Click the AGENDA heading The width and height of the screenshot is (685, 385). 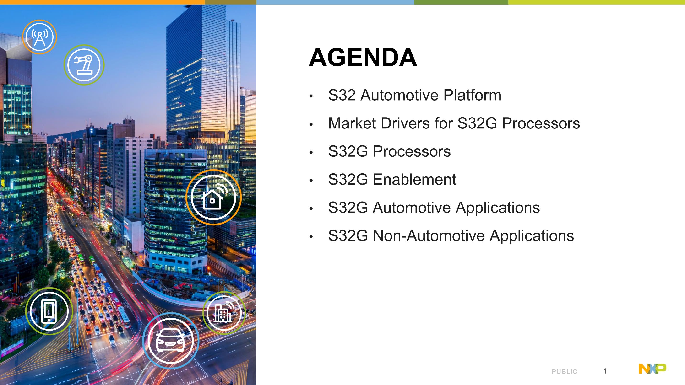click(x=363, y=57)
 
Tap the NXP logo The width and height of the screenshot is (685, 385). click(x=652, y=369)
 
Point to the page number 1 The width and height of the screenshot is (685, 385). click(x=605, y=371)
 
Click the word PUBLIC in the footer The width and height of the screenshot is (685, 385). click(x=565, y=371)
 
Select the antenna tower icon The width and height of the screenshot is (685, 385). click(x=40, y=37)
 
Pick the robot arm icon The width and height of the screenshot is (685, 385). click(x=84, y=65)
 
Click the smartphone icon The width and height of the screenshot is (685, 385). click(x=49, y=311)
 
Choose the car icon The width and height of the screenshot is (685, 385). click(x=171, y=341)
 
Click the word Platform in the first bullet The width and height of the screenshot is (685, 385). click(x=472, y=95)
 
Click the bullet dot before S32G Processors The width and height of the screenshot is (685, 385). click(x=311, y=152)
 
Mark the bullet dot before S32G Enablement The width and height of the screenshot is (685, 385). click(x=311, y=180)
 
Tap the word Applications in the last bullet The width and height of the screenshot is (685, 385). click(x=532, y=236)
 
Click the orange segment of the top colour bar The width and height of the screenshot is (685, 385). click(x=102, y=2)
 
